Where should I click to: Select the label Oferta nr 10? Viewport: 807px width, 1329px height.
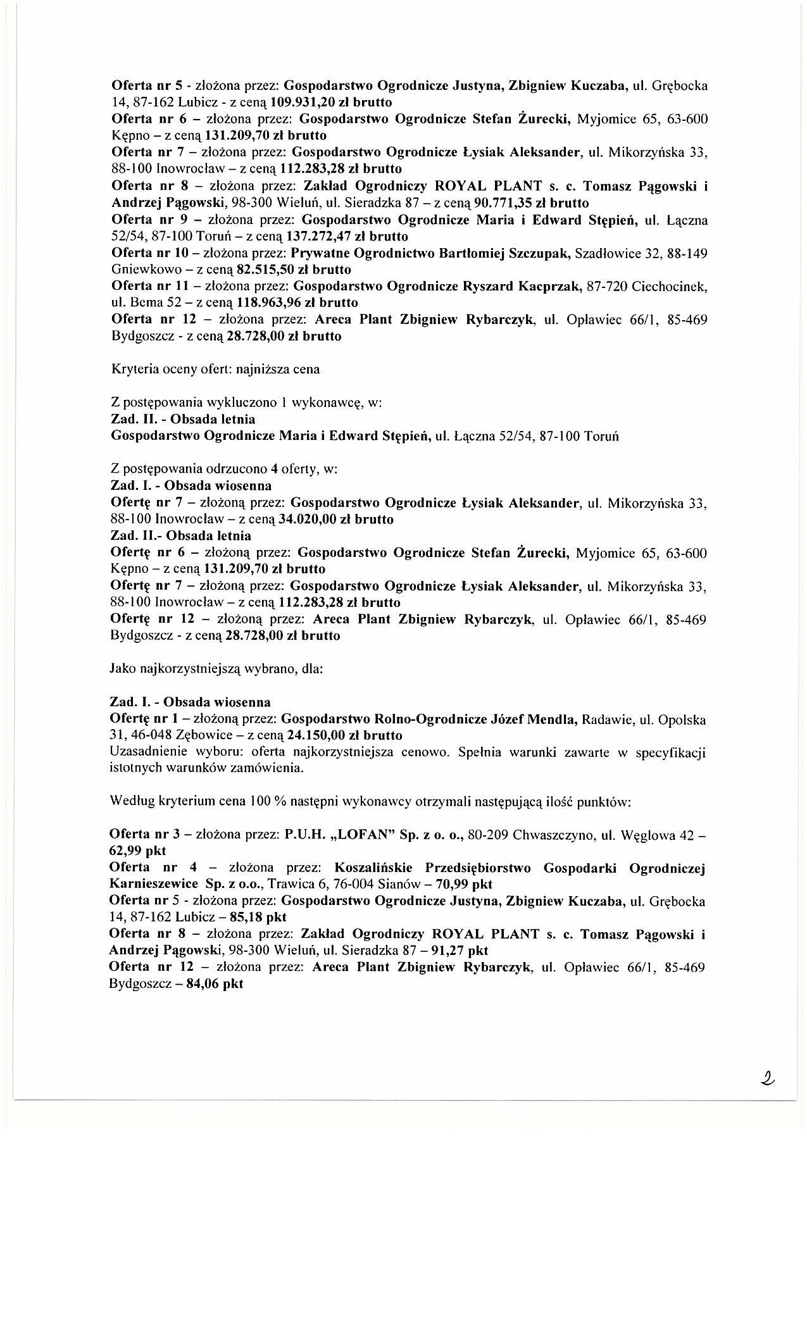point(150,253)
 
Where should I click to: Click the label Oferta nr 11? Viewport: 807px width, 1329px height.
point(149,286)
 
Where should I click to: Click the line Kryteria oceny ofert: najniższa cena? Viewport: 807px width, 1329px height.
point(215,369)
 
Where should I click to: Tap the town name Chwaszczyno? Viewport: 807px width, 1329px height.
point(553,834)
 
